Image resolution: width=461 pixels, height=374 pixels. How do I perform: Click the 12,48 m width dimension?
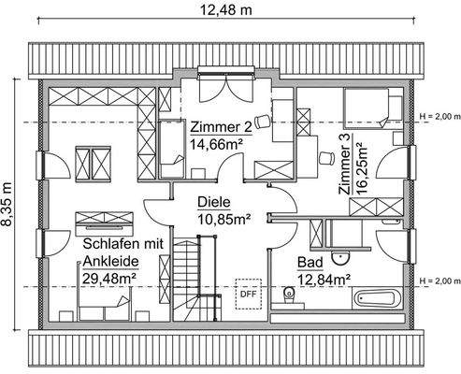point(225,10)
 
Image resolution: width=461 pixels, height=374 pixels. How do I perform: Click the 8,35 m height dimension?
point(7,204)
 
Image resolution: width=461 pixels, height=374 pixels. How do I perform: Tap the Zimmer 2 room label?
point(221,127)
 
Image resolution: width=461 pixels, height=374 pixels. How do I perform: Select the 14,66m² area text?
point(217,145)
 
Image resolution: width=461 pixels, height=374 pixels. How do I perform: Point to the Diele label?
point(214,202)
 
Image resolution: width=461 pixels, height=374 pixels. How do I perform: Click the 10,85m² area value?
point(224,220)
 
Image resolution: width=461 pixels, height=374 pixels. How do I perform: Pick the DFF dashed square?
point(249,294)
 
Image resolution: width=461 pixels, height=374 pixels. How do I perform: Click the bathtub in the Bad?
point(378,298)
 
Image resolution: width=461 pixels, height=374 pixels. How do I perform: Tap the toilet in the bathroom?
point(289,295)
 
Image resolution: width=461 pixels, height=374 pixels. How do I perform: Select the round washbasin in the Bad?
point(341,258)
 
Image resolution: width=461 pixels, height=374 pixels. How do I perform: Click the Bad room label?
point(310,263)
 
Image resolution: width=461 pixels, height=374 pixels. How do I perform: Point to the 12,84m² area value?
point(324,279)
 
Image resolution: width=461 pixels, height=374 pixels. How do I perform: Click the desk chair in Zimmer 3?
point(326,157)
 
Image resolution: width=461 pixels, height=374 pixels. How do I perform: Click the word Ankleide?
point(110,261)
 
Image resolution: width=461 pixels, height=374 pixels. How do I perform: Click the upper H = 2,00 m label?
point(439,117)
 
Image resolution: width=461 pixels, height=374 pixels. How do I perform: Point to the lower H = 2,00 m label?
point(439,280)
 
